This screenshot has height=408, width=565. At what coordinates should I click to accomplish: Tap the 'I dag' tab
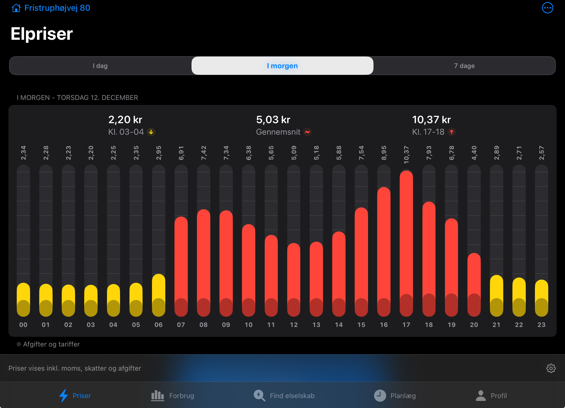tap(100, 66)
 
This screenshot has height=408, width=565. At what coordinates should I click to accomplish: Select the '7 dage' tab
tap(464, 66)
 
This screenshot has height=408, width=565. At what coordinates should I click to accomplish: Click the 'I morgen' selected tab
tap(282, 66)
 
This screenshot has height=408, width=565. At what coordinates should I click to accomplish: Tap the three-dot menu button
tap(547, 8)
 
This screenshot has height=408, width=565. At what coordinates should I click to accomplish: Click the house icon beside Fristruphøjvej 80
tap(16, 8)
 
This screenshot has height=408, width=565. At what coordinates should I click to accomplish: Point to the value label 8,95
tap(384, 153)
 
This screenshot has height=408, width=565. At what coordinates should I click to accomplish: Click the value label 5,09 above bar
tap(294, 153)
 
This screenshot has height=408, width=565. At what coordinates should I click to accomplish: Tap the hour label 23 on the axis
tap(541, 325)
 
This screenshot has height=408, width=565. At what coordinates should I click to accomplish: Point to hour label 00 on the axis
tap(23, 325)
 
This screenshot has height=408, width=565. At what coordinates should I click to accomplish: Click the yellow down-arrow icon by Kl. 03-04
tap(151, 132)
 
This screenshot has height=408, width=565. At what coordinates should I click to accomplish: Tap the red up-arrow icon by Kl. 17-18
tap(451, 132)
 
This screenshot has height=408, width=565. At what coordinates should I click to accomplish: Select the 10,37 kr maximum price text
tap(431, 120)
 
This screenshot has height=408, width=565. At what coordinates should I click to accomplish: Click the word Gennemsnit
tap(278, 132)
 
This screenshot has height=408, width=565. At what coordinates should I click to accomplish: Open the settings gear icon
tap(551, 368)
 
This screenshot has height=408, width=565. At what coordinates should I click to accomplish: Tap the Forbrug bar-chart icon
tap(157, 395)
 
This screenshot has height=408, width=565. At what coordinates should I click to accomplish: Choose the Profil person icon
tap(481, 395)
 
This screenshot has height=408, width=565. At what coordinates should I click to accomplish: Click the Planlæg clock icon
tap(380, 395)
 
